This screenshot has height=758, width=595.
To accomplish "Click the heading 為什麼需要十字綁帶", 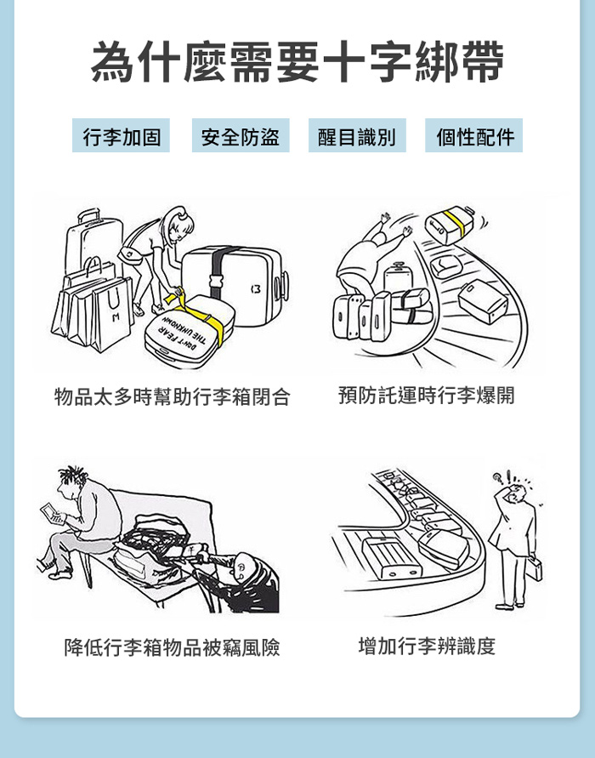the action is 297,62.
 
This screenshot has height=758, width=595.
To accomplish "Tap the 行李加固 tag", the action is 122,135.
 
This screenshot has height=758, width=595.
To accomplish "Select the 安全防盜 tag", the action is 241,135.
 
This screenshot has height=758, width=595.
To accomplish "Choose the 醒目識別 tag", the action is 357,135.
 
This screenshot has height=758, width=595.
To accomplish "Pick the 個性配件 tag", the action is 473,135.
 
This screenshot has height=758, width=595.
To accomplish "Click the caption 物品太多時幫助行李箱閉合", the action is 173,397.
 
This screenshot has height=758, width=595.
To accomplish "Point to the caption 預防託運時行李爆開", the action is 427,395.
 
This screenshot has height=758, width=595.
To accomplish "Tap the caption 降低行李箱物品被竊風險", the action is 173,647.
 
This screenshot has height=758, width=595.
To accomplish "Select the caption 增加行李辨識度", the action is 427,646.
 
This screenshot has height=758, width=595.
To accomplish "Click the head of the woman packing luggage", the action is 178,224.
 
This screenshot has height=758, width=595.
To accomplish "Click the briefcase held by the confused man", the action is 533,568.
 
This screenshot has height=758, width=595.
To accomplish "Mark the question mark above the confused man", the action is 496,479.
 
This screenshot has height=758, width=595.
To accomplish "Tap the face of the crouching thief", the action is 241,568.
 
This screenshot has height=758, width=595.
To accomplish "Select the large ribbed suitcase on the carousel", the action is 392,558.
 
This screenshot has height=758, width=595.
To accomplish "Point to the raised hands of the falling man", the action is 396,225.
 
